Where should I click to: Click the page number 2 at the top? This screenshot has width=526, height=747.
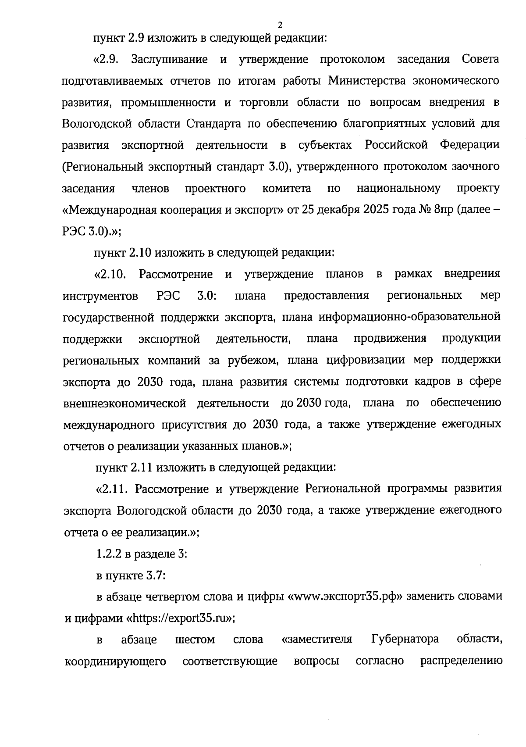pyautogui.click(x=280, y=25)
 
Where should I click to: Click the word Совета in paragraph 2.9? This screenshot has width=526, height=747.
pyautogui.click(x=480, y=60)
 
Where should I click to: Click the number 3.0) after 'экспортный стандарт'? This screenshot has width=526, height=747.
pyautogui.click(x=277, y=167)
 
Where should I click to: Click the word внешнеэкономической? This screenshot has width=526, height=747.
pyautogui.click(x=124, y=403)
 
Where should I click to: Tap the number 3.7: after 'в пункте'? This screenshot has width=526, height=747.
pyautogui.click(x=156, y=575)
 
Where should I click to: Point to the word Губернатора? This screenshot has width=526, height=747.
pyautogui.click(x=405, y=640)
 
